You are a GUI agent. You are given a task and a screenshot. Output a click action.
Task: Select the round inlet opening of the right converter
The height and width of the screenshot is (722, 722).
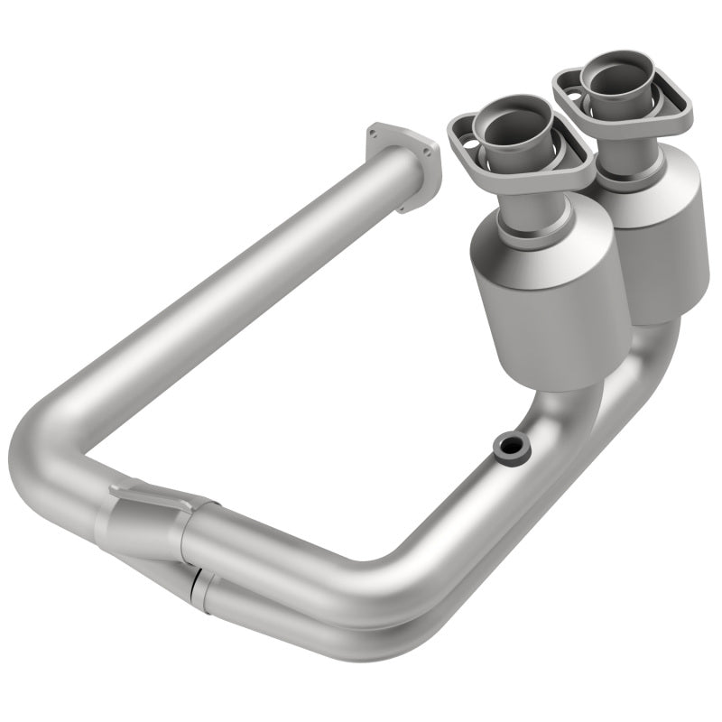tap(609, 81)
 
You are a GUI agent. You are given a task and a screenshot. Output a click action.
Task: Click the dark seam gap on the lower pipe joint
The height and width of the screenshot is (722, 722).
tap(197, 579)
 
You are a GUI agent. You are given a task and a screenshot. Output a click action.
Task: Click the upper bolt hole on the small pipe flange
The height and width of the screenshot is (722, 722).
tap(373, 135)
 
